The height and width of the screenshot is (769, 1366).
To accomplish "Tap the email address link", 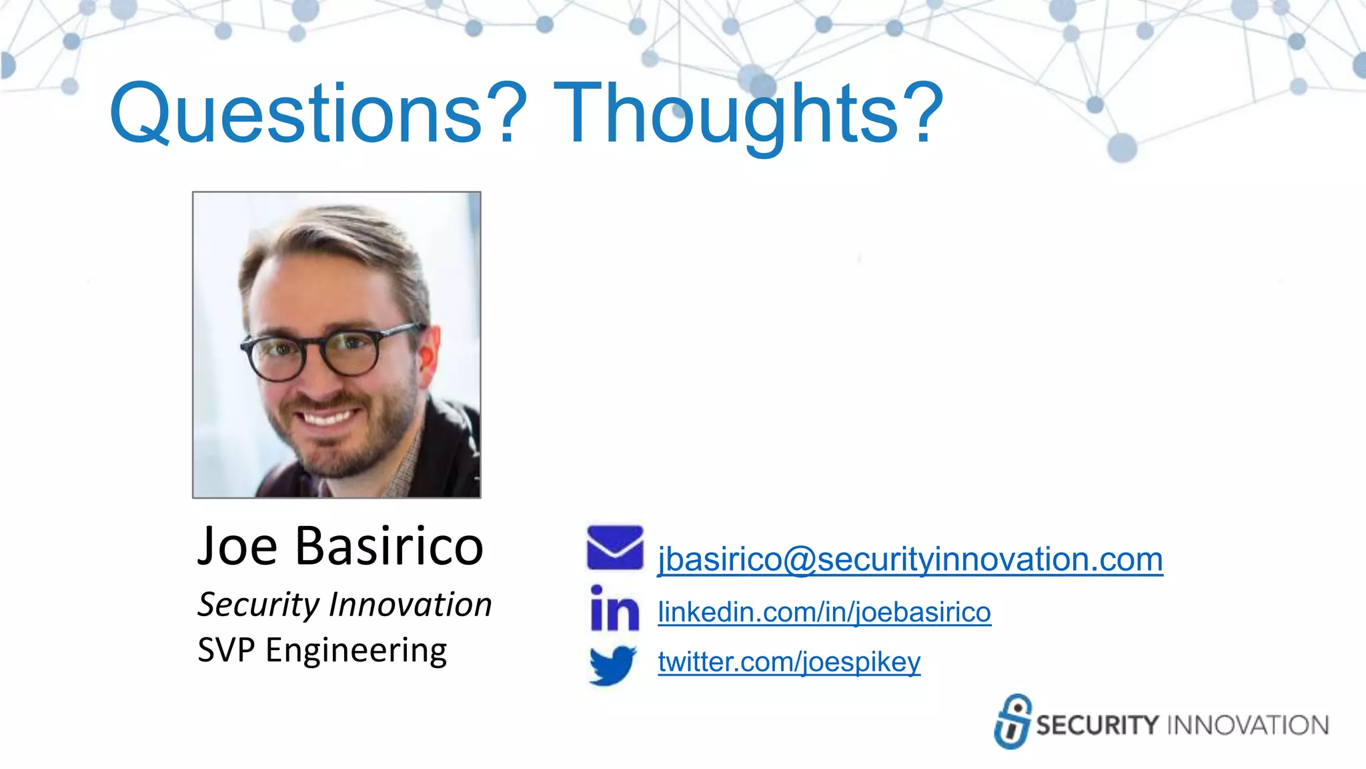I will tap(910, 559).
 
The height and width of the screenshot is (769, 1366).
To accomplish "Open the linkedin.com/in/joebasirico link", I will tap(824, 612).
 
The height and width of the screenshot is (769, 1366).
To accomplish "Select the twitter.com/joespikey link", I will tap(788, 662).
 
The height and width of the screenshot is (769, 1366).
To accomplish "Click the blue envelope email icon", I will tap(614, 547).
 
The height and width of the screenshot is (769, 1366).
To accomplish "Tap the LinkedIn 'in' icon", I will tap(614, 608).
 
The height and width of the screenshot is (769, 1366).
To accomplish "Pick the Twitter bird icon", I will tap(612, 665).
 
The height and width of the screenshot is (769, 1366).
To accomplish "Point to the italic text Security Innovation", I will tap(344, 605).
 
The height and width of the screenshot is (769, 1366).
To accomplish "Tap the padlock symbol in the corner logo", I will tap(1012, 722).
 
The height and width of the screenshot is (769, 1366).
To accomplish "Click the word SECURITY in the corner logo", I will tap(1097, 726).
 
